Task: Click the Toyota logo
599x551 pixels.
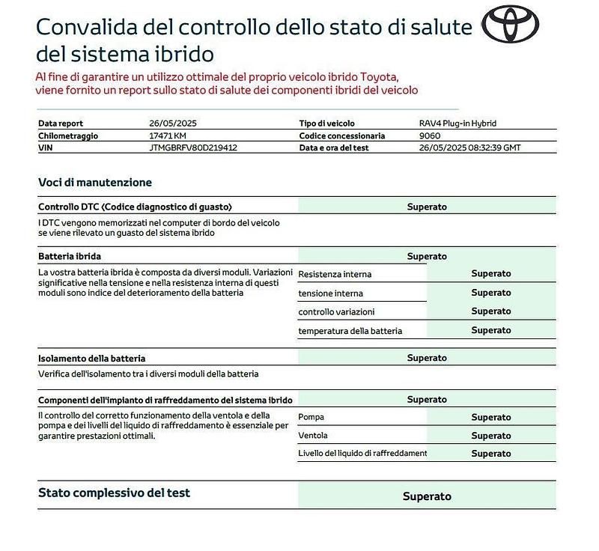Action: click(x=511, y=25)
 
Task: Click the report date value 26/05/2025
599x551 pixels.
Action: click(x=172, y=124)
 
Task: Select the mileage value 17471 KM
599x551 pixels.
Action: click(x=168, y=136)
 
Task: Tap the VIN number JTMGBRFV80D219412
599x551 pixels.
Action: click(x=193, y=147)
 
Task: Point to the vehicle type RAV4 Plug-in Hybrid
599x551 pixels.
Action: click(x=457, y=124)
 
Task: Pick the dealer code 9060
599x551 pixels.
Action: click(x=430, y=136)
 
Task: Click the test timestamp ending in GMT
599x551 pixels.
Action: click(x=469, y=147)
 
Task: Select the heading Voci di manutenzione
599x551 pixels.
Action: click(x=95, y=182)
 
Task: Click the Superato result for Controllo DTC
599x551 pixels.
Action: click(x=427, y=207)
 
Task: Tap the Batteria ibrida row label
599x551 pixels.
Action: click(x=70, y=256)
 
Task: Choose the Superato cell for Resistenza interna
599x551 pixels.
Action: click(x=490, y=274)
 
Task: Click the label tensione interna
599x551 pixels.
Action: click(x=330, y=293)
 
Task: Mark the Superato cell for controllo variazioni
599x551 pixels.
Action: click(x=490, y=311)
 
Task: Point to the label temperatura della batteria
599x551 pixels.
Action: click(x=350, y=330)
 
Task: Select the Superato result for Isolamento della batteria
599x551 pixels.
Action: click(x=427, y=358)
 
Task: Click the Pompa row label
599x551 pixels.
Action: click(x=311, y=417)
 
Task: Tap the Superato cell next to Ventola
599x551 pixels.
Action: click(x=490, y=436)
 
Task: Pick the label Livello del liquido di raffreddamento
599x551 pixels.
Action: click(x=362, y=454)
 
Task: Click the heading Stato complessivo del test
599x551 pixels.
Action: click(x=114, y=493)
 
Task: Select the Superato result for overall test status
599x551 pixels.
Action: click(x=427, y=496)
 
